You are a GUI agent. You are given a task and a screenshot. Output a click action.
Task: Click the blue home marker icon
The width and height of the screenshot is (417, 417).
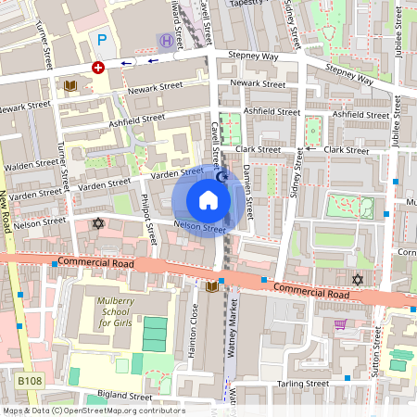click(208, 200)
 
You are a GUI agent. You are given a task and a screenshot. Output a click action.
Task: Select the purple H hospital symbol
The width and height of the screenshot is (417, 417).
click(166, 40)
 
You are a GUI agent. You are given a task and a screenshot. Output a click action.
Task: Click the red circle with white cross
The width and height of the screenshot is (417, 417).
click(98, 68)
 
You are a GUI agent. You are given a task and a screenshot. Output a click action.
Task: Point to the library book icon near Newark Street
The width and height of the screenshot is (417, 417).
click(70, 86)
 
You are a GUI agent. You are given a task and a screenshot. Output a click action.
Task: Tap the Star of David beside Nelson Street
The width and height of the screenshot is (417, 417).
click(98, 223)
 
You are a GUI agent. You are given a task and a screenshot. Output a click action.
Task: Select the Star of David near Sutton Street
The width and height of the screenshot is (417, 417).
click(358, 279)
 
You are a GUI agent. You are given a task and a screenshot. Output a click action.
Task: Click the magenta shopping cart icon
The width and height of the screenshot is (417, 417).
click(340, 325)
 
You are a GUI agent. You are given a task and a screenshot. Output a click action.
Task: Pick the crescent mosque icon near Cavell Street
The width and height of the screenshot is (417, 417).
click(221, 176)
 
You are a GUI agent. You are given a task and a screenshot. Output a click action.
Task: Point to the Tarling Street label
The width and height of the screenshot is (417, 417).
click(302, 383)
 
